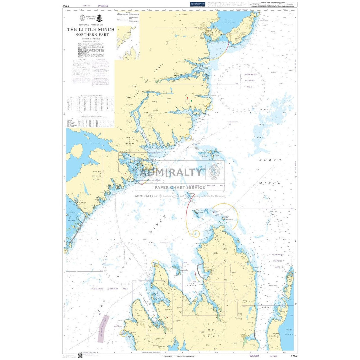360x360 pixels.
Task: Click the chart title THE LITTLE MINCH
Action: (x=90, y=29)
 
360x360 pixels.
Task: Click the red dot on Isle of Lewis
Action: (x=187, y=98)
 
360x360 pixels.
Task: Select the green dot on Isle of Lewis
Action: (x=191, y=101)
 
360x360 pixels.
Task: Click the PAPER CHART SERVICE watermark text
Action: (x=180, y=187)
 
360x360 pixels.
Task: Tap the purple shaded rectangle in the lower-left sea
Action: (x=103, y=329)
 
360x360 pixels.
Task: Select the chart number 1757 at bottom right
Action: (x=294, y=356)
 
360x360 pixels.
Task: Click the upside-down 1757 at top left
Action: (x=66, y=6)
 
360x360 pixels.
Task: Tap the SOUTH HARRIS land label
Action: (x=97, y=174)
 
